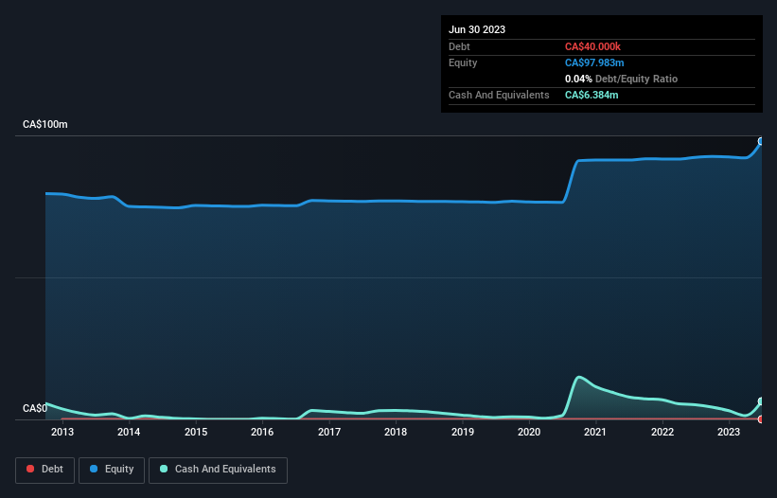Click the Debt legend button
click(x=44, y=470)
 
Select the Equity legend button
click(x=112, y=470)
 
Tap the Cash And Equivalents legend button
click(x=218, y=470)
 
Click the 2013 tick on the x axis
click(x=62, y=433)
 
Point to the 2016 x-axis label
click(x=262, y=433)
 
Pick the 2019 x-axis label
click(x=463, y=433)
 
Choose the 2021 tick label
click(x=596, y=433)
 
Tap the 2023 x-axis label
click(x=729, y=433)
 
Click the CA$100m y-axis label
click(x=45, y=125)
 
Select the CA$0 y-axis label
click(x=35, y=409)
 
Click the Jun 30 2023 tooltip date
click(x=477, y=29)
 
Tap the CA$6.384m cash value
click(x=592, y=95)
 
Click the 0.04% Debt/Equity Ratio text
click(x=621, y=79)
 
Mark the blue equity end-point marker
click(x=761, y=141)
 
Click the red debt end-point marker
click(x=761, y=418)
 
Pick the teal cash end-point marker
click(x=761, y=401)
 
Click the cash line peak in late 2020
click(x=579, y=378)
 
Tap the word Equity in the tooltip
click(x=463, y=62)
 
